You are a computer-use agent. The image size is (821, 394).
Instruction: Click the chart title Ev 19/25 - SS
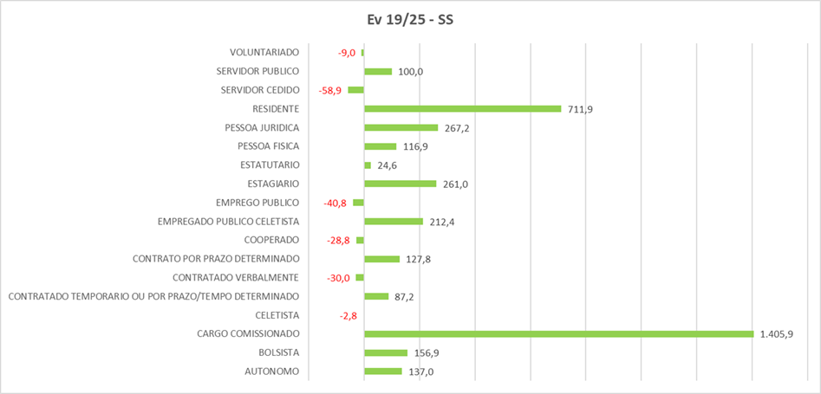coord(409,19)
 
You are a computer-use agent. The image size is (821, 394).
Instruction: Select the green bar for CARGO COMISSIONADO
coord(558,333)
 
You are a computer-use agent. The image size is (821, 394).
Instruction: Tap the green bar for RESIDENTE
coord(463,108)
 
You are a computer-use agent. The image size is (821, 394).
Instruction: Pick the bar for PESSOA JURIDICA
coord(401,127)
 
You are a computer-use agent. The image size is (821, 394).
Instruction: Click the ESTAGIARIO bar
coord(400,184)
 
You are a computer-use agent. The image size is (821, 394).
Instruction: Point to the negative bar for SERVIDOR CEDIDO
coord(355,90)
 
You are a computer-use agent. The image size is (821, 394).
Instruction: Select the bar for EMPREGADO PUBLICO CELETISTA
coord(394,221)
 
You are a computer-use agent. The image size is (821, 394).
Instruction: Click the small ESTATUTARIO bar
coord(368,165)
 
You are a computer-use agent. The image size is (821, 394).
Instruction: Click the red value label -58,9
coord(330,90)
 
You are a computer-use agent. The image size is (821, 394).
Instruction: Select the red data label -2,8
coord(349,315)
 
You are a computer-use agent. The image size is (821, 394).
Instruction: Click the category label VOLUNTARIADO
coord(264,53)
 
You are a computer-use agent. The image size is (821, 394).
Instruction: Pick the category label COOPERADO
coord(272,240)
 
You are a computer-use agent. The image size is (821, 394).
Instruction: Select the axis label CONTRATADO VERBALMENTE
coord(236,277)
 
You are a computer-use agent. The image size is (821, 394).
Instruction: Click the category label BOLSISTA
coord(278,352)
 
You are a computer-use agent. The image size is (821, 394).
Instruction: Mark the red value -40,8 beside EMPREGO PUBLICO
coord(335,203)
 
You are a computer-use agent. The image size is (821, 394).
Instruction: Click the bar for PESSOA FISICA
coord(380,146)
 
